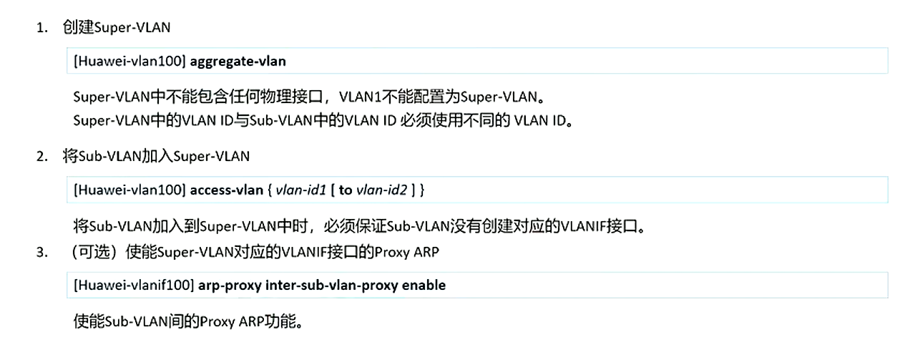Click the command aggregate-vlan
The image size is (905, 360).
238,61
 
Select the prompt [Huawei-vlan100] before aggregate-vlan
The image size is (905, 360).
129,61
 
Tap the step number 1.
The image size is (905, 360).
42,28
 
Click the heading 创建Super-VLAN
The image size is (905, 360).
116,28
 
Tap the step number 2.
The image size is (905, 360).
42,156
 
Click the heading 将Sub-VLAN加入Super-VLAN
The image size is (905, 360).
156,156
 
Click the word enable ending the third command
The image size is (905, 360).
424,285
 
